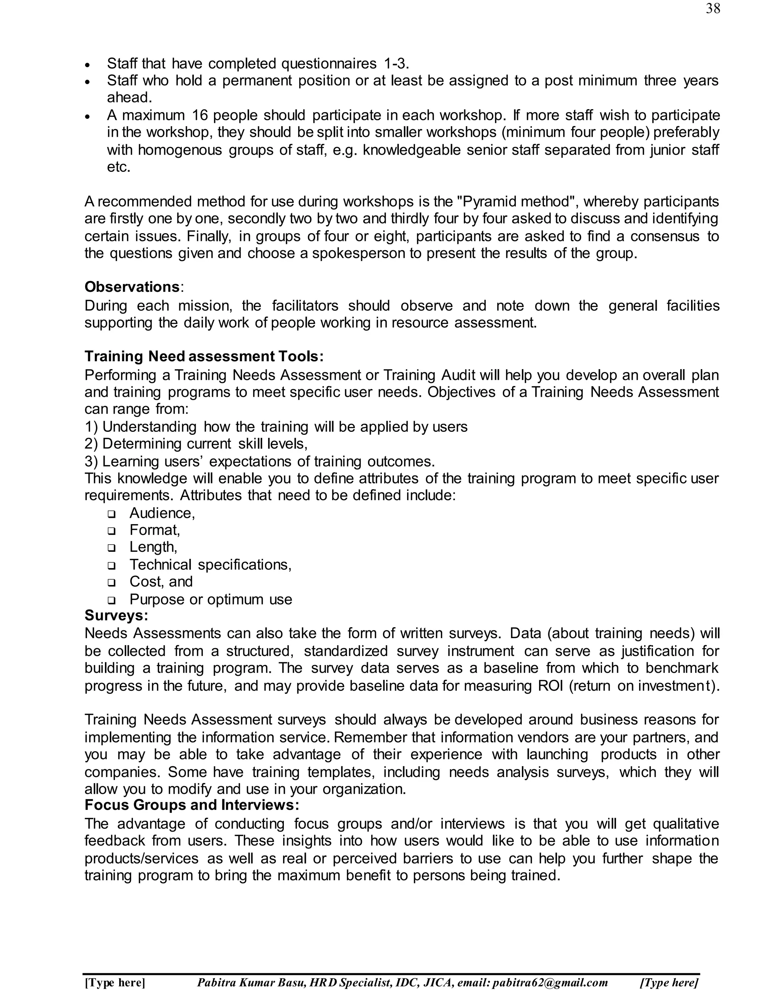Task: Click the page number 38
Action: [x=712, y=9]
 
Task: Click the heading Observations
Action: [x=132, y=287]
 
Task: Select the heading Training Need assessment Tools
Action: [x=204, y=356]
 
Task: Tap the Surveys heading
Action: [x=117, y=616]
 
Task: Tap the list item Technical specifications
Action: [x=210, y=564]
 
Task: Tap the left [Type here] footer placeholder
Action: [x=115, y=982]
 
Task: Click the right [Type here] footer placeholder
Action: [x=669, y=982]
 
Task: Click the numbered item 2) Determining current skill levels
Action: [x=196, y=443]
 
